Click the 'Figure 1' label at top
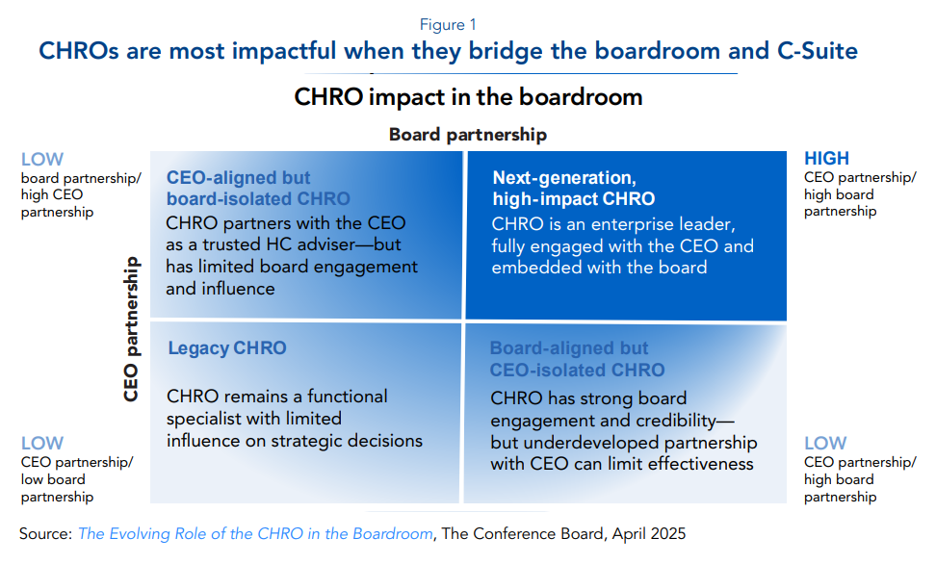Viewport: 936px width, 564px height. coord(448,24)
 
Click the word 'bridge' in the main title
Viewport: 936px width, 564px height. coord(505,51)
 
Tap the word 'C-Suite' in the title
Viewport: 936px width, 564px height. coord(818,51)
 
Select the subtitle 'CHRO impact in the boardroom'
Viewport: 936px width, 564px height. coord(468,96)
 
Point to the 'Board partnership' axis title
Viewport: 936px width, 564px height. coord(468,135)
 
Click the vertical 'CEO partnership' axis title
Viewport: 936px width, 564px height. coord(131,329)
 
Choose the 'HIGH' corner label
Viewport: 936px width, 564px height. coord(826,158)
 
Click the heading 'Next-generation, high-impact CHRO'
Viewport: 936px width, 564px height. coord(574,188)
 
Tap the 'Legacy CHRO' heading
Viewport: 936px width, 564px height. coord(227,348)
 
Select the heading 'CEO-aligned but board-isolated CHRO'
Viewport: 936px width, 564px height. coord(258,188)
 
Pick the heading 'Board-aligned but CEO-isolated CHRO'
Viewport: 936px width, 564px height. coord(577,359)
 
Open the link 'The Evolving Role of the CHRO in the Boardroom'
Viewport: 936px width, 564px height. coord(255,533)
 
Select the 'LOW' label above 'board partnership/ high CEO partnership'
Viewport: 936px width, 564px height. coord(41,160)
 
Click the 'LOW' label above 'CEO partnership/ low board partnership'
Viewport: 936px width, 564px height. coord(41,443)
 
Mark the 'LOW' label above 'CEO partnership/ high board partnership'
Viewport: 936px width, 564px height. coord(825,443)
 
